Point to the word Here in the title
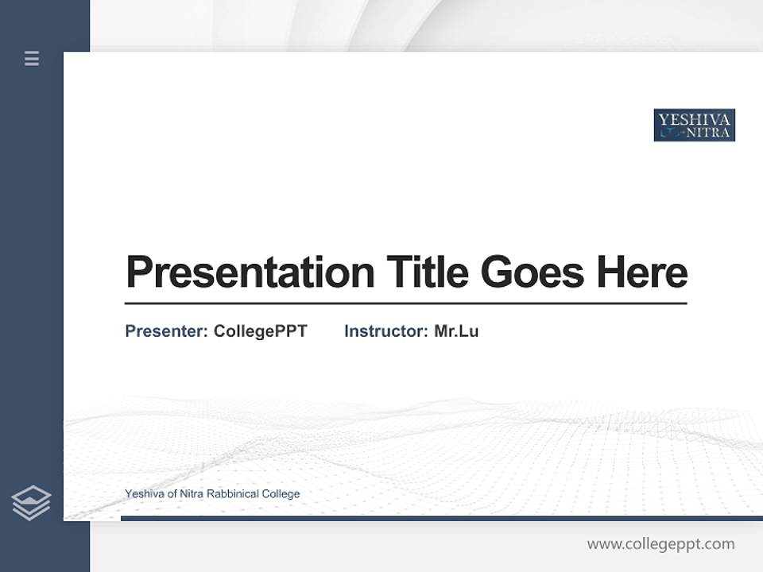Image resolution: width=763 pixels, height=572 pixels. (x=642, y=272)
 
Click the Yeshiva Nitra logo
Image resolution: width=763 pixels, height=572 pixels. (x=694, y=126)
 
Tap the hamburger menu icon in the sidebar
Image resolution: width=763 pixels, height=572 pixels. (x=32, y=58)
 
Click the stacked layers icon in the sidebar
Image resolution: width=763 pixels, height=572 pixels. (x=31, y=503)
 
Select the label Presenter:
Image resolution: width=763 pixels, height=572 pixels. (x=166, y=331)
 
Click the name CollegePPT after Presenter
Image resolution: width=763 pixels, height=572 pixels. (x=260, y=331)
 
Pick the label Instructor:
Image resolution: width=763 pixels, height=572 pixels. (x=385, y=331)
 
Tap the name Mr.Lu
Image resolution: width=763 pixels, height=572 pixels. (x=456, y=331)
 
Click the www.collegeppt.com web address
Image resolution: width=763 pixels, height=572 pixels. (x=660, y=544)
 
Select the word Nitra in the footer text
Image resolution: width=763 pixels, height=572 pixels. (x=192, y=494)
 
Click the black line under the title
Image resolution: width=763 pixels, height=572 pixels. (x=405, y=303)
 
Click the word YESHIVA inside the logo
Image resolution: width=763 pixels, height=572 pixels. (x=694, y=118)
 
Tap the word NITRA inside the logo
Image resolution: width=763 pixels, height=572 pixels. (x=707, y=133)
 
